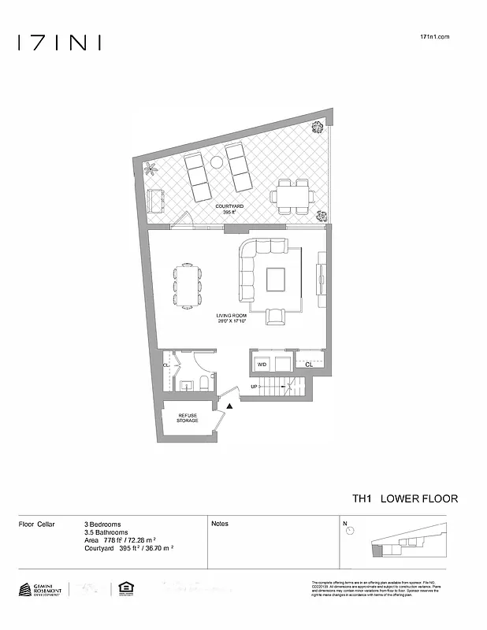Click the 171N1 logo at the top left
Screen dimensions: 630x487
[x=60, y=43]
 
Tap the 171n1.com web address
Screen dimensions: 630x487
[x=435, y=37]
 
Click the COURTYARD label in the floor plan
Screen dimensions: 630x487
[x=229, y=206]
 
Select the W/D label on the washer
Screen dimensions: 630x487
[x=262, y=365]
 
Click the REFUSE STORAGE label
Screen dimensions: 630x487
[x=188, y=418]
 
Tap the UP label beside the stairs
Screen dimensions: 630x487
[x=254, y=387]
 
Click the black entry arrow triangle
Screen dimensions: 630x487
[x=229, y=406]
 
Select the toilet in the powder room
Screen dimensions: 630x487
[x=203, y=384]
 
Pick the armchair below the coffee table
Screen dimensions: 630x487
[x=276, y=316]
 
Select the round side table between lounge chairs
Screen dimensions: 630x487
[x=216, y=161]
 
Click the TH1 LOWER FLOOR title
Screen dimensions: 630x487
[x=404, y=498]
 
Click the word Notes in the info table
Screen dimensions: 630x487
[x=220, y=524]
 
